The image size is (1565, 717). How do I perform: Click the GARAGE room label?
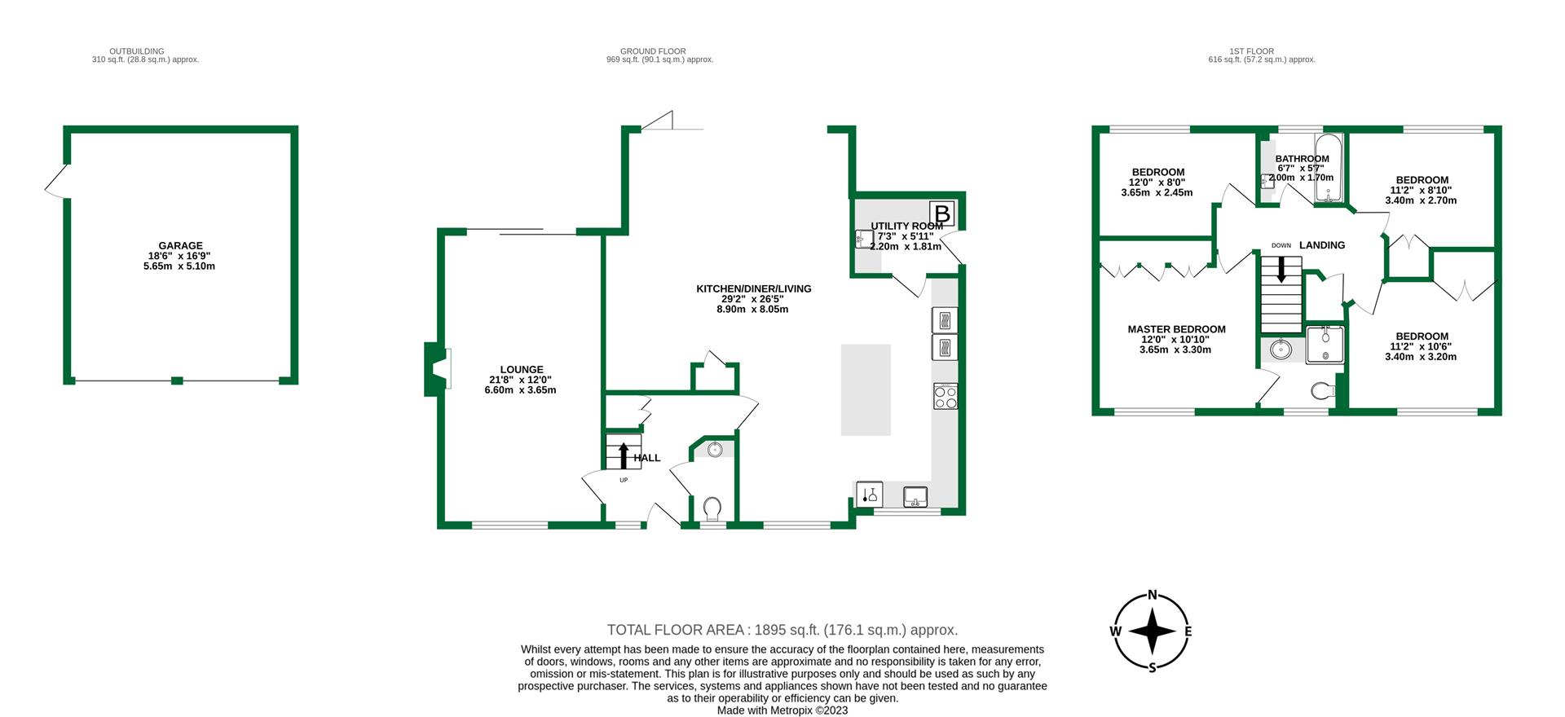pyautogui.click(x=180, y=245)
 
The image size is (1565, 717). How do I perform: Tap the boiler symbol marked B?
pyautogui.click(x=942, y=214)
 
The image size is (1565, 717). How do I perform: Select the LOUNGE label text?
pyautogui.click(x=522, y=370)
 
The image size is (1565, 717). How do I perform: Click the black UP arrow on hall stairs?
pyautogui.click(x=624, y=455)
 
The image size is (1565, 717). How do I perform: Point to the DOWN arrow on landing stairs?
pyautogui.click(x=1281, y=270)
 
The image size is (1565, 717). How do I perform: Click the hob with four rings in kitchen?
pyautogui.click(x=946, y=396)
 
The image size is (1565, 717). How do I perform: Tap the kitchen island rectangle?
pyautogui.click(x=866, y=389)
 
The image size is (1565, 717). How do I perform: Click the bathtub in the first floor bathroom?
pyautogui.click(x=1328, y=167)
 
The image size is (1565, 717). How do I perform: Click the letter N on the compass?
pyautogui.click(x=1153, y=595)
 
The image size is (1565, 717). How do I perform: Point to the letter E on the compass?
pyautogui.click(x=1188, y=631)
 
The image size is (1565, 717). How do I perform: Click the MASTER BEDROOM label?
pyautogui.click(x=1176, y=329)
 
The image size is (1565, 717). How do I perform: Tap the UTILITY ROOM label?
pyautogui.click(x=906, y=226)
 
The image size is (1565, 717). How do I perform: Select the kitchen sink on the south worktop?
pyautogui.click(x=915, y=495)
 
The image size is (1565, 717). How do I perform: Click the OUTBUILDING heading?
pyautogui.click(x=137, y=51)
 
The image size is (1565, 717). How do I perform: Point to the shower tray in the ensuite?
pyautogui.click(x=1325, y=345)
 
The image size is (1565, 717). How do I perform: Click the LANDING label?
pyautogui.click(x=1322, y=245)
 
